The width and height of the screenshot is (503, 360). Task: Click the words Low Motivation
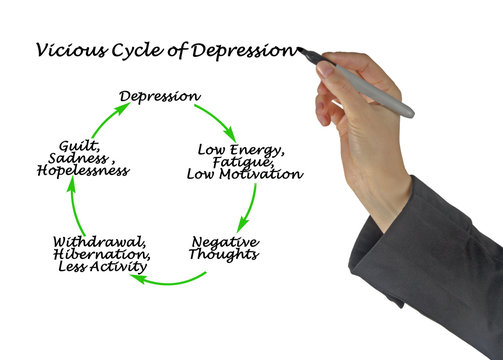point(245,174)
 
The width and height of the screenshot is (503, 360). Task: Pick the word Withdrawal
point(100,241)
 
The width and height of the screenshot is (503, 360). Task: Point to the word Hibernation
point(102,254)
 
